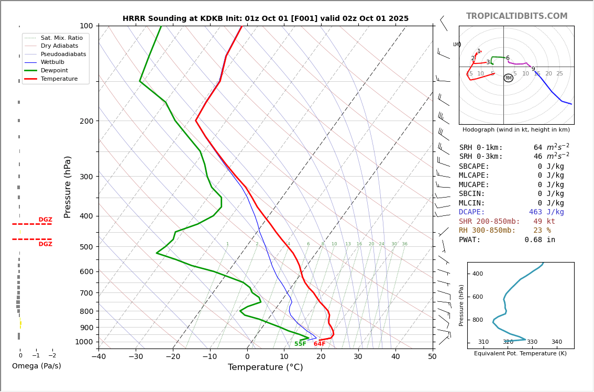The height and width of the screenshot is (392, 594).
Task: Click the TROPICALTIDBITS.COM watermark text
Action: click(x=516, y=16)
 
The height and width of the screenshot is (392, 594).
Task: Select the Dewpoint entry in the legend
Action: click(x=54, y=71)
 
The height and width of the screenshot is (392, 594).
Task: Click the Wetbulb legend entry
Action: click(x=52, y=62)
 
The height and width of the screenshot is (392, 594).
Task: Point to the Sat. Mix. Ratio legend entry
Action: click(x=61, y=38)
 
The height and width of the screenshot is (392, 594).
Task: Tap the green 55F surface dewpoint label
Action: click(x=300, y=344)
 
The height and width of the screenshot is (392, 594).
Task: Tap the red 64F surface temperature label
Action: click(x=320, y=344)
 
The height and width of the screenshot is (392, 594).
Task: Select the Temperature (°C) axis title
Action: click(x=265, y=368)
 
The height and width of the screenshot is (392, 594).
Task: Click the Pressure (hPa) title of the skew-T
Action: click(x=68, y=187)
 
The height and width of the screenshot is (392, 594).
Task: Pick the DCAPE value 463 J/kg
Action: click(x=546, y=212)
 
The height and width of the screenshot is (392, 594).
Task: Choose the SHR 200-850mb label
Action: click(x=489, y=222)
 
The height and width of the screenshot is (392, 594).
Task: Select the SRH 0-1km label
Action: click(x=481, y=148)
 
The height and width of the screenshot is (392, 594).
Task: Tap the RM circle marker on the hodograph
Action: click(x=508, y=78)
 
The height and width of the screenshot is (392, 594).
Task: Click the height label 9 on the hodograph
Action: click(x=533, y=69)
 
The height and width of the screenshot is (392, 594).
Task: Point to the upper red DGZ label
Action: click(x=45, y=220)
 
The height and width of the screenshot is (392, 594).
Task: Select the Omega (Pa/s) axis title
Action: click(x=36, y=366)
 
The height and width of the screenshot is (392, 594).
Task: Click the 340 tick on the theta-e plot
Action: click(x=556, y=342)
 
